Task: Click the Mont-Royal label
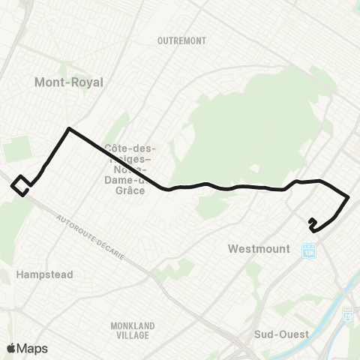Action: click(68, 82)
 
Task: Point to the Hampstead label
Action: click(44, 275)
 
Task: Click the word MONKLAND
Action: click(132, 325)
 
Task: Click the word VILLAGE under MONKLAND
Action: click(132, 335)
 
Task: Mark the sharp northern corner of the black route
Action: click(70, 129)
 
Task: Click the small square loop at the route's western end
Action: click(22, 184)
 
